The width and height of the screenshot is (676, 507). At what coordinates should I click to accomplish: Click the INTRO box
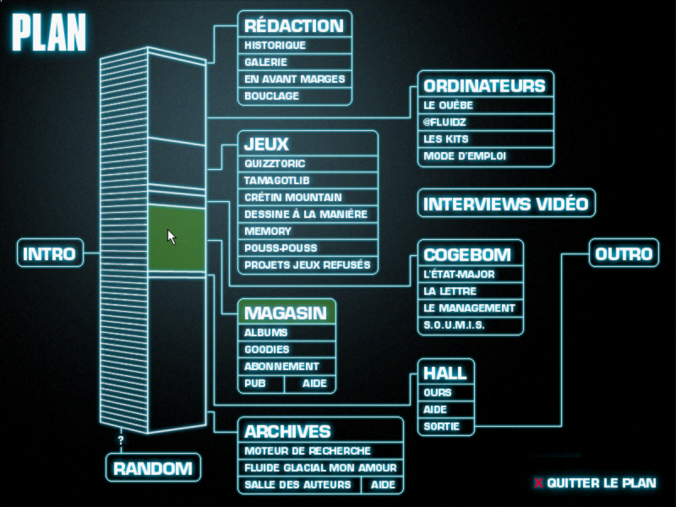pyautogui.click(x=50, y=253)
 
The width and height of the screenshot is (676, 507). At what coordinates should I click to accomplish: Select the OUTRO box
pyautogui.click(x=624, y=253)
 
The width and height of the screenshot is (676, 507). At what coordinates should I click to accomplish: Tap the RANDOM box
pyautogui.click(x=153, y=468)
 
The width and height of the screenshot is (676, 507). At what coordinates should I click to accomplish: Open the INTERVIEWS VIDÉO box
pyautogui.click(x=505, y=204)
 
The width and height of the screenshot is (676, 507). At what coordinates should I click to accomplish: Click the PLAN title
pyautogui.click(x=49, y=33)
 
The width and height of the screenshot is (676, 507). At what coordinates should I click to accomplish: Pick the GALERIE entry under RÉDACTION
pyautogui.click(x=266, y=63)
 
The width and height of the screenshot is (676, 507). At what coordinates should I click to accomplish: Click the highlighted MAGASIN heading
pyautogui.click(x=286, y=313)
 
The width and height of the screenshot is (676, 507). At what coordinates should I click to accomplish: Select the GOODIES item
pyautogui.click(x=267, y=350)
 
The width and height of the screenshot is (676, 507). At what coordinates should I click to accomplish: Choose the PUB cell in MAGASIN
pyautogui.click(x=254, y=384)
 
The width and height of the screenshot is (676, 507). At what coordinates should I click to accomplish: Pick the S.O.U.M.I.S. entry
pyautogui.click(x=455, y=325)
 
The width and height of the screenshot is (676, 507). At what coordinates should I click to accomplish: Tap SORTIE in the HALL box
pyautogui.click(x=442, y=427)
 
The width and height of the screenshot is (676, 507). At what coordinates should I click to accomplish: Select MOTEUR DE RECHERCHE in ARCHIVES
pyautogui.click(x=308, y=451)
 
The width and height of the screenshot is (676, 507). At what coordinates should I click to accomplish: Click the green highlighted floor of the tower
pyautogui.click(x=177, y=239)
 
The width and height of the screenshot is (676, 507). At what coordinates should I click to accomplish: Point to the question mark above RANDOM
pyautogui.click(x=121, y=440)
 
